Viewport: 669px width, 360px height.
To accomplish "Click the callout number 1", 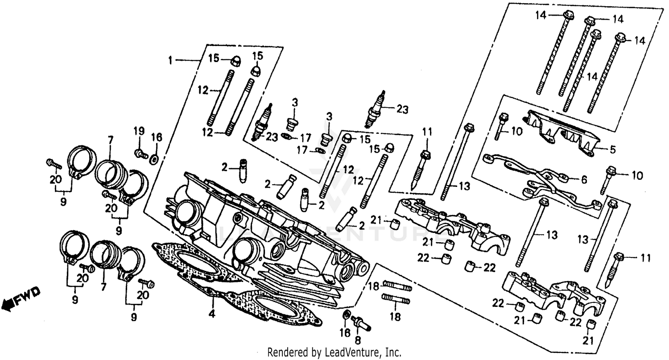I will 170,60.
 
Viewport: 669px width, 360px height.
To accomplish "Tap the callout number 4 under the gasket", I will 212,314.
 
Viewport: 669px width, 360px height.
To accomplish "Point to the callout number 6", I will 584,180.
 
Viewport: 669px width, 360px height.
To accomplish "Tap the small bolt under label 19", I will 141,154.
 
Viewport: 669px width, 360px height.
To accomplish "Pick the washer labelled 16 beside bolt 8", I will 345,316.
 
